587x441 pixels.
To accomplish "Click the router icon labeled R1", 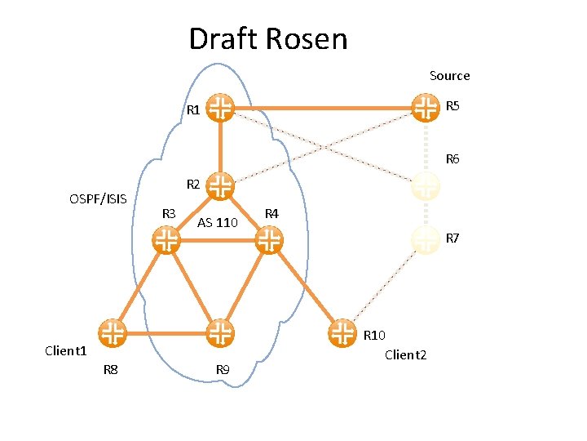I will point(219,107).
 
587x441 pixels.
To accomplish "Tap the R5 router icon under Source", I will point(424,107).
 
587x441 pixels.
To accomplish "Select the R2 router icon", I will point(219,185).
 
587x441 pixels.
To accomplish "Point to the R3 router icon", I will point(166,239).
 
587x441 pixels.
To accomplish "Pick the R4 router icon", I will point(269,239).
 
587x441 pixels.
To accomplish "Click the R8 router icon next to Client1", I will point(113,333).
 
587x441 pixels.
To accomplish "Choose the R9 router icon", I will point(219,333).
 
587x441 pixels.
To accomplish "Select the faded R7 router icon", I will point(425,239).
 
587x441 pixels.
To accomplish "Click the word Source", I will point(449,76).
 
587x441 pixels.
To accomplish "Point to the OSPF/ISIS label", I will point(98,198).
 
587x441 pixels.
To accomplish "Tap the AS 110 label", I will point(218,223).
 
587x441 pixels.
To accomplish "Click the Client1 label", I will point(65,351).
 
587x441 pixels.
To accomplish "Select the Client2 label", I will point(405,354).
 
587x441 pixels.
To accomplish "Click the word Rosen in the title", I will point(311,39).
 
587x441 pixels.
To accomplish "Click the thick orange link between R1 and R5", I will point(322,107).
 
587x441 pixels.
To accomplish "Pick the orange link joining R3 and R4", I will point(218,239).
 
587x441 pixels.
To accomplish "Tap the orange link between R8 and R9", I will point(166,333).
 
